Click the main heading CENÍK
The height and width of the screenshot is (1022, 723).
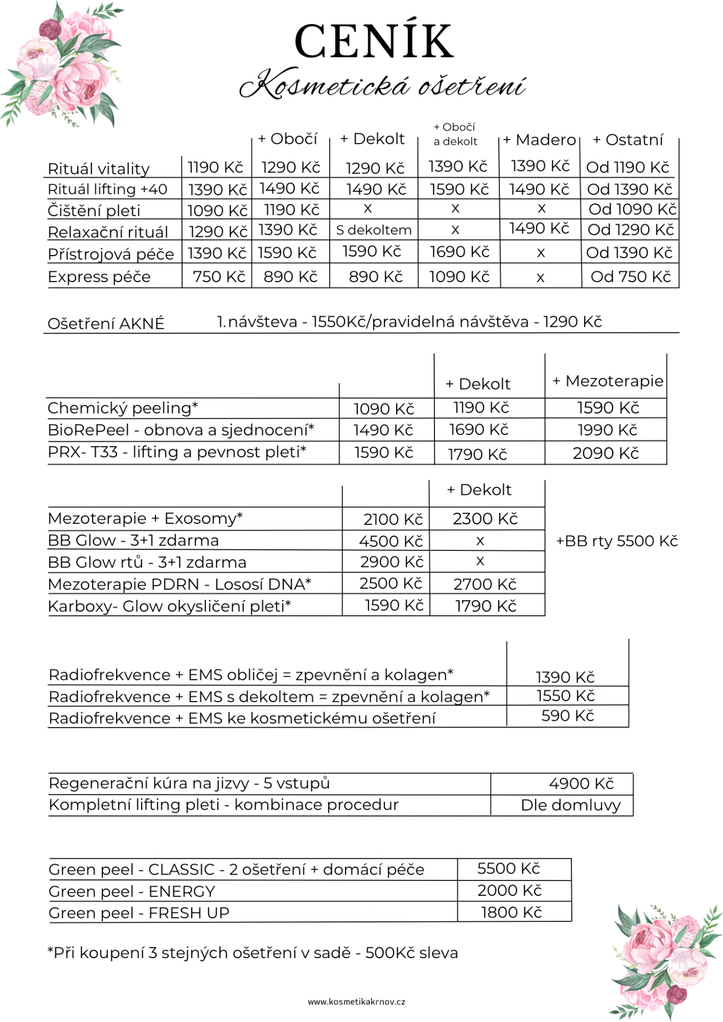pyautogui.click(x=374, y=42)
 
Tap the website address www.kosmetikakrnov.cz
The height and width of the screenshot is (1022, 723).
pyautogui.click(x=356, y=1002)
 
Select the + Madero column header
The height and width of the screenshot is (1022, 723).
pyautogui.click(x=539, y=140)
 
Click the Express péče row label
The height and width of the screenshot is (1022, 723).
pyautogui.click(x=99, y=277)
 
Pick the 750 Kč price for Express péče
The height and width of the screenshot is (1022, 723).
pyautogui.click(x=219, y=277)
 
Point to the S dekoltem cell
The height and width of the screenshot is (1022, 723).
pyautogui.click(x=374, y=230)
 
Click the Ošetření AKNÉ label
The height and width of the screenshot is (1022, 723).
pyautogui.click(x=106, y=324)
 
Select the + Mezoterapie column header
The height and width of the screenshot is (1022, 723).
pyautogui.click(x=607, y=381)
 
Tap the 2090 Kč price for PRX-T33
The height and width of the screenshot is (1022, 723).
pyautogui.click(x=605, y=454)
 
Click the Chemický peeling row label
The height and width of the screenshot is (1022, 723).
pyautogui.click(x=122, y=408)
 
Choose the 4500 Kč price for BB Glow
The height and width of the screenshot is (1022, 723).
pyautogui.click(x=390, y=541)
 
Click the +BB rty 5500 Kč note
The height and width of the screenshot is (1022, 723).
pyautogui.click(x=617, y=541)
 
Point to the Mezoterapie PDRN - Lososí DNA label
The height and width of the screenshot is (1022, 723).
pyautogui.click(x=179, y=584)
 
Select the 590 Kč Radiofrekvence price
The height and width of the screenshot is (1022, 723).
pyautogui.click(x=567, y=716)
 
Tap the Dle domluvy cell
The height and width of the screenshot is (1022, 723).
pyautogui.click(x=570, y=805)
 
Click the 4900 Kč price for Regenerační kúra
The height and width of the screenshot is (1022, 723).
pyautogui.click(x=581, y=784)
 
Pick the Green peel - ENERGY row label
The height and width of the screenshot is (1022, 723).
pyautogui.click(x=132, y=892)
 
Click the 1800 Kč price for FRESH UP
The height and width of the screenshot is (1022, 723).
pyautogui.click(x=511, y=913)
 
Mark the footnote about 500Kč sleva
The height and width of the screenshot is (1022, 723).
pyautogui.click(x=253, y=953)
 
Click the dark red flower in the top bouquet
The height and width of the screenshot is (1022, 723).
pyautogui.click(x=50, y=29)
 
